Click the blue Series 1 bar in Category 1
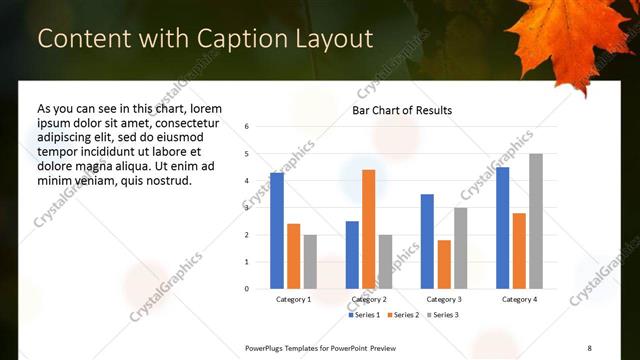coord(277,231)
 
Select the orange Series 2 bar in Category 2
coord(369,229)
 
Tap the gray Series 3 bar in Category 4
coord(536,221)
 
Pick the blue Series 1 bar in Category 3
coord(427,241)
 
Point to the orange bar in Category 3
coord(444,264)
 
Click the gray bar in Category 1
coord(310,261)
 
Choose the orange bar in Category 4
coord(519,251)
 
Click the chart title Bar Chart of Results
coord(402,110)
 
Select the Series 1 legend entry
coord(364,315)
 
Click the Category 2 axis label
coord(369,299)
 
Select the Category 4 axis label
coord(519,299)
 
